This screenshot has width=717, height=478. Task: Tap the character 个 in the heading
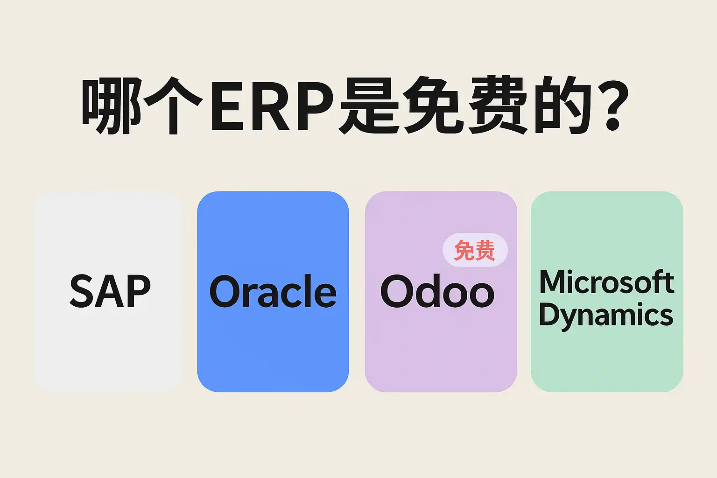[x=173, y=105]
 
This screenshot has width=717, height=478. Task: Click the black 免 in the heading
[x=433, y=105]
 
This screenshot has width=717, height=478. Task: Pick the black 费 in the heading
[x=498, y=105]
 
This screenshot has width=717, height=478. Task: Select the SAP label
[x=110, y=291]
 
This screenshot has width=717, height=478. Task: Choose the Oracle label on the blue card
[x=273, y=291]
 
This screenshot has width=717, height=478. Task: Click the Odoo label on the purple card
[x=437, y=291]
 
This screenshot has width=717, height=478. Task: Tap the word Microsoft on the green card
[x=606, y=282]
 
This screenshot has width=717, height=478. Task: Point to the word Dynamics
[x=606, y=316]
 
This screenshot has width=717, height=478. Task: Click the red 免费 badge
[x=475, y=250]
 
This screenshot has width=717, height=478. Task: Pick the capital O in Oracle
[x=226, y=291]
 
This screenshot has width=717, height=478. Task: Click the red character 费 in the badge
[x=485, y=250]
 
